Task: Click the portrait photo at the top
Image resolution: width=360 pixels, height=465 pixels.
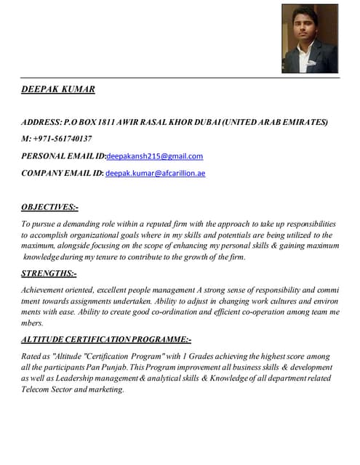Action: (309, 39)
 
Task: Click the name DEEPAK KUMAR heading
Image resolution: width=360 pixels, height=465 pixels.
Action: (58, 89)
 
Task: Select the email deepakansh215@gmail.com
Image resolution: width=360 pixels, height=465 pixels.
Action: (155, 156)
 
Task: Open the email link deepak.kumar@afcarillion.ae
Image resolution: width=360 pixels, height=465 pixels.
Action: (156, 174)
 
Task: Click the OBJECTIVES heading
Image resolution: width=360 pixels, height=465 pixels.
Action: (50, 207)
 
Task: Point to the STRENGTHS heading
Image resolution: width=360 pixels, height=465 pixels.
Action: (49, 273)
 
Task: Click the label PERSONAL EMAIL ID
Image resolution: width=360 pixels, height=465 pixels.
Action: (63, 156)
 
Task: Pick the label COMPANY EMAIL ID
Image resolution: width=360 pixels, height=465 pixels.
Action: (62, 174)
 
